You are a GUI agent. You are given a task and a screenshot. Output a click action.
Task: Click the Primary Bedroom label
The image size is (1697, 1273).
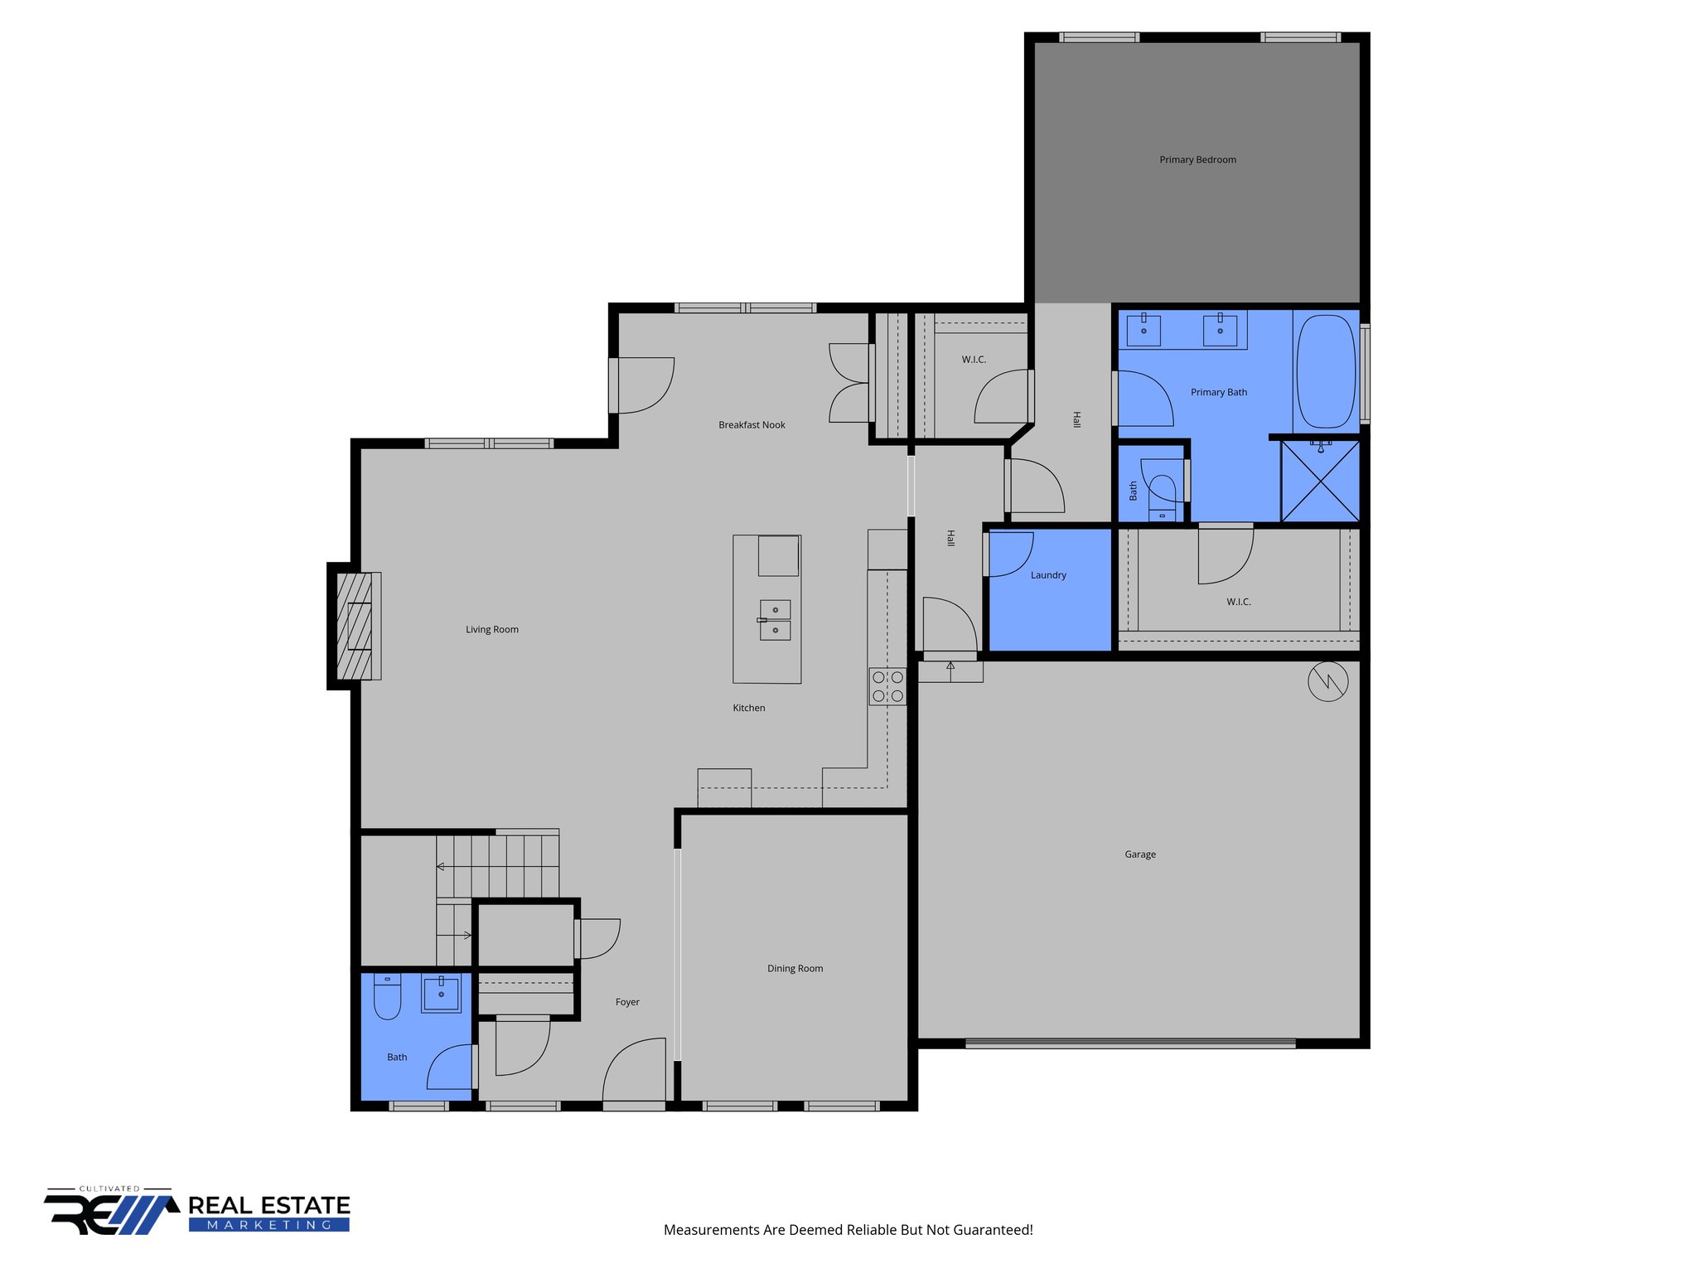[x=1197, y=160]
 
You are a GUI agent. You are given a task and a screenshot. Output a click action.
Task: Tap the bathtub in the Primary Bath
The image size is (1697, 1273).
[x=1326, y=370]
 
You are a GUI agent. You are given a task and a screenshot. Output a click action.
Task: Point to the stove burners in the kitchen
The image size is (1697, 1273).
[x=887, y=686]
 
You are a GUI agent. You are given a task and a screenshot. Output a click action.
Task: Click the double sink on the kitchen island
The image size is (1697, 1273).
[x=775, y=620]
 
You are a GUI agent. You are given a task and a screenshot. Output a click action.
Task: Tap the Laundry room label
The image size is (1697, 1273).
[x=1048, y=575]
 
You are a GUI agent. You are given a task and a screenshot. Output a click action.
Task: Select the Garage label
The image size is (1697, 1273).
[x=1140, y=854]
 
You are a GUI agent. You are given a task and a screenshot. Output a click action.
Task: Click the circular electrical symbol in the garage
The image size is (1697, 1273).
[x=1327, y=681]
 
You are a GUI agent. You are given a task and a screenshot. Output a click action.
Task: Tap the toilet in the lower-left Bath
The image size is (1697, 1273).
[x=387, y=996]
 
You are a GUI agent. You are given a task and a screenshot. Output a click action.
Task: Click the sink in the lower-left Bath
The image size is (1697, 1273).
[x=441, y=993]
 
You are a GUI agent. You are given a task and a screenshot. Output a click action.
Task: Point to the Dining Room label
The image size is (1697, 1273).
[x=795, y=968]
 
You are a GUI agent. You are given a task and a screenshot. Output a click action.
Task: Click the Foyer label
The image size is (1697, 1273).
[x=627, y=1002]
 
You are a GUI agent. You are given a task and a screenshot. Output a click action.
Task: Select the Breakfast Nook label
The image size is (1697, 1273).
[x=752, y=425]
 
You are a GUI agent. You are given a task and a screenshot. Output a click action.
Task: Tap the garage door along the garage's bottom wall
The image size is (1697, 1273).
[x=1130, y=1044]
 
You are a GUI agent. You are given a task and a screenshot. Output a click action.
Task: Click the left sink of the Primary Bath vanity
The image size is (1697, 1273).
[x=1143, y=330]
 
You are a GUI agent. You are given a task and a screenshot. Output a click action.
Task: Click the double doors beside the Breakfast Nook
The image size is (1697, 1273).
[x=850, y=383]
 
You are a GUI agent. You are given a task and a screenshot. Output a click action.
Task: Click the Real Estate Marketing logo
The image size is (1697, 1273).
[x=197, y=1212]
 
